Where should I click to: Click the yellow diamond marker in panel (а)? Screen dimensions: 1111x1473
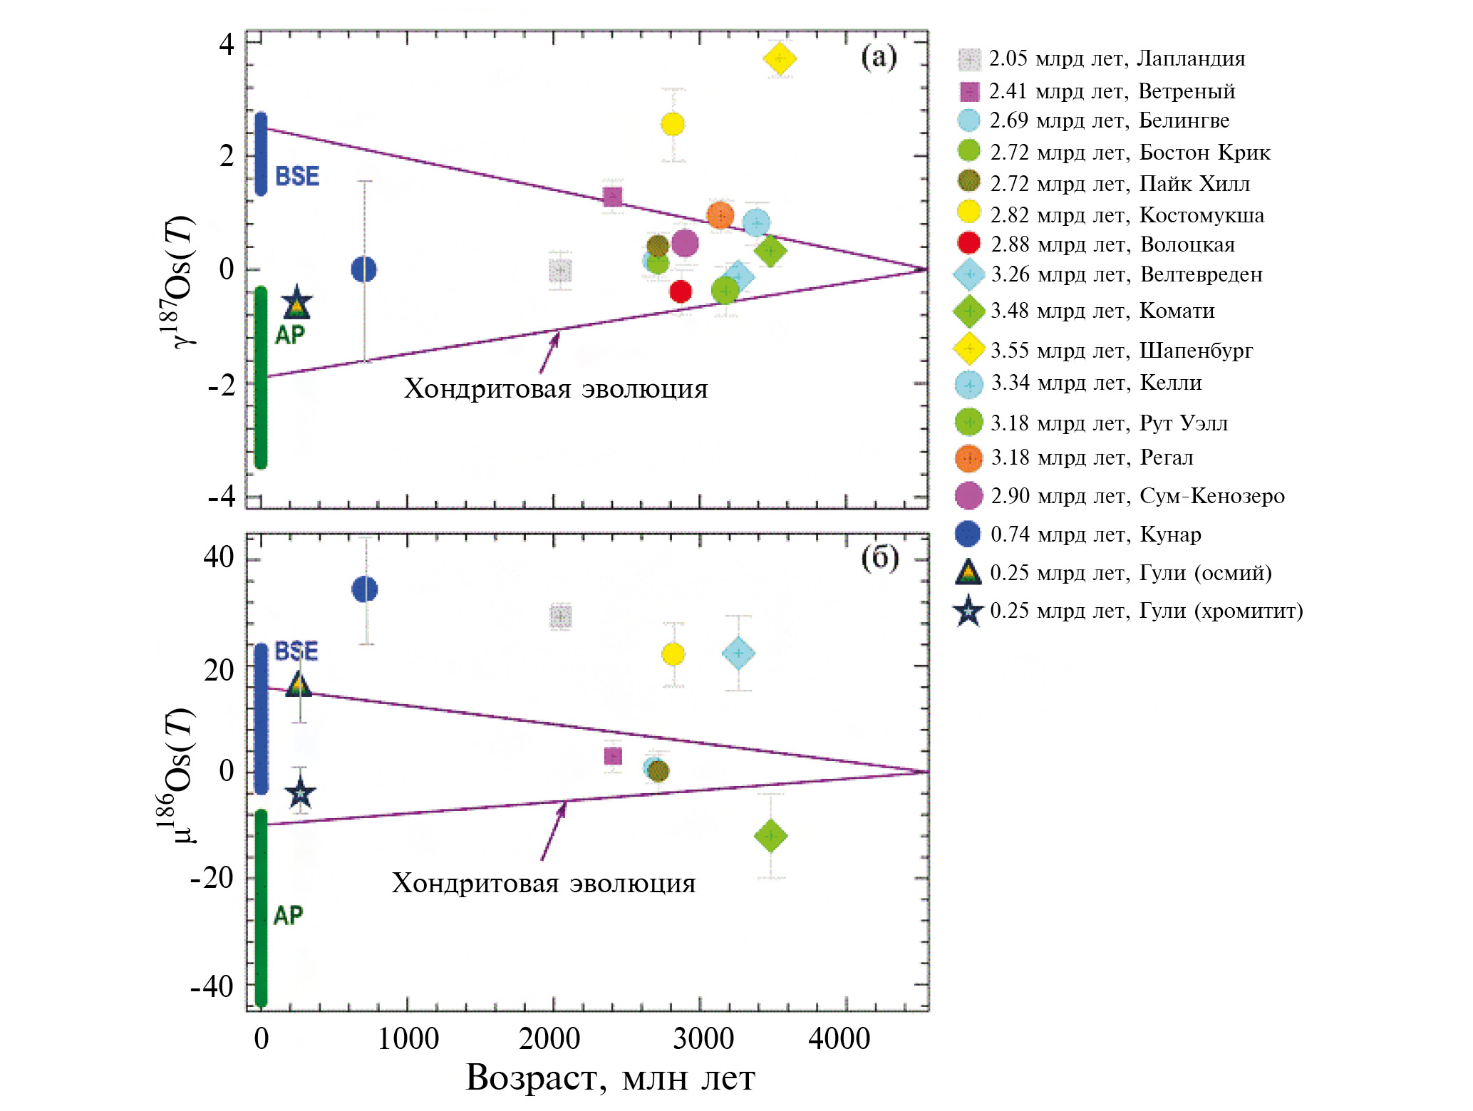pos(780,58)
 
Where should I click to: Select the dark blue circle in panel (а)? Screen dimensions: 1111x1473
pos(364,269)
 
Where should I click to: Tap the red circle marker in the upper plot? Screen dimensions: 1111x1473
pos(681,291)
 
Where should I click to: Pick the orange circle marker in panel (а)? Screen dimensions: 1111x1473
pos(720,215)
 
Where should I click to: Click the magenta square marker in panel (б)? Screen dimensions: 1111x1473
pos(613,756)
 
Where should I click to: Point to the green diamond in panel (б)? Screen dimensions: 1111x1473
pos(770,835)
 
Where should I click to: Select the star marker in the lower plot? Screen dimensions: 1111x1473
pos(300,792)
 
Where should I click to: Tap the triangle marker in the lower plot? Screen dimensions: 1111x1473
pos(299,686)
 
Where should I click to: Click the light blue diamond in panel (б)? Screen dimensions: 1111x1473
pos(738,653)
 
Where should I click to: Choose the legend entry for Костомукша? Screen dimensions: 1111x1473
pos(1126,215)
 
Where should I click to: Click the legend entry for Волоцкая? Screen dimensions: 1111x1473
pos(1112,244)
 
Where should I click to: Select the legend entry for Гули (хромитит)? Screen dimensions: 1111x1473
pos(1145,611)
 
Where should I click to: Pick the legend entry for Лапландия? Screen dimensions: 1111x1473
pos(1116,58)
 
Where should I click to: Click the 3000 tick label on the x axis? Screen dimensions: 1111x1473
pos(703,1038)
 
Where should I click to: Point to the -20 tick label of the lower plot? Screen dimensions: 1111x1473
pos(212,877)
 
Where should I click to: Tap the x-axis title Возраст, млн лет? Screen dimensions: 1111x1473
pos(610,1078)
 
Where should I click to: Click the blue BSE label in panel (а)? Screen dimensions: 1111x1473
pos(297,176)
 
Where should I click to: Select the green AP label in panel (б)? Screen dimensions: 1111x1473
pos(289,915)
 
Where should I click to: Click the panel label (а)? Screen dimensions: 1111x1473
pos(879,57)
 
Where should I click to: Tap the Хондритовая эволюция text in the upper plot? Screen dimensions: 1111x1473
pos(556,389)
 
